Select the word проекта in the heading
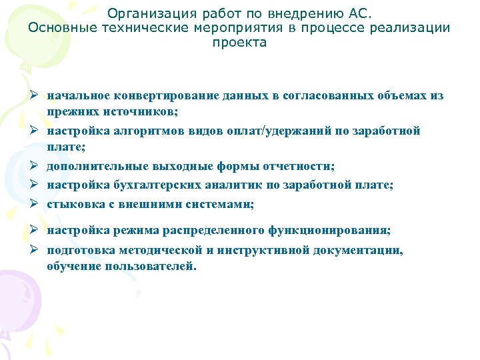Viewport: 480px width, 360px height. pos(239,43)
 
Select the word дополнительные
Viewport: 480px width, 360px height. pos(93,165)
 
